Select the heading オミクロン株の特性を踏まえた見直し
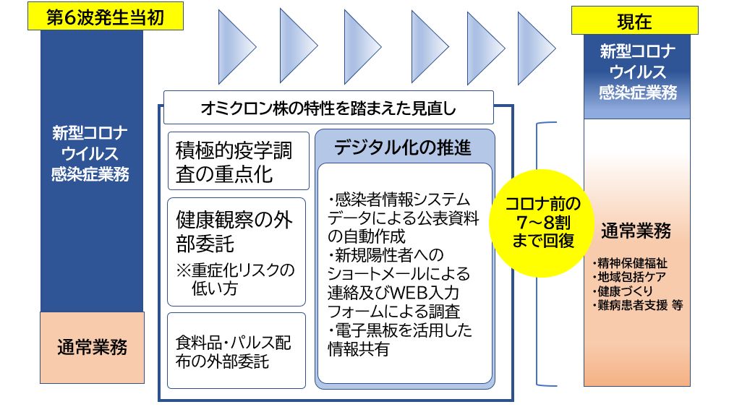tap(328, 108)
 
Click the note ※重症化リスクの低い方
tap(236, 280)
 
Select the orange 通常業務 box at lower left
tap(91, 346)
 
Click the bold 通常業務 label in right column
tap(636, 231)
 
